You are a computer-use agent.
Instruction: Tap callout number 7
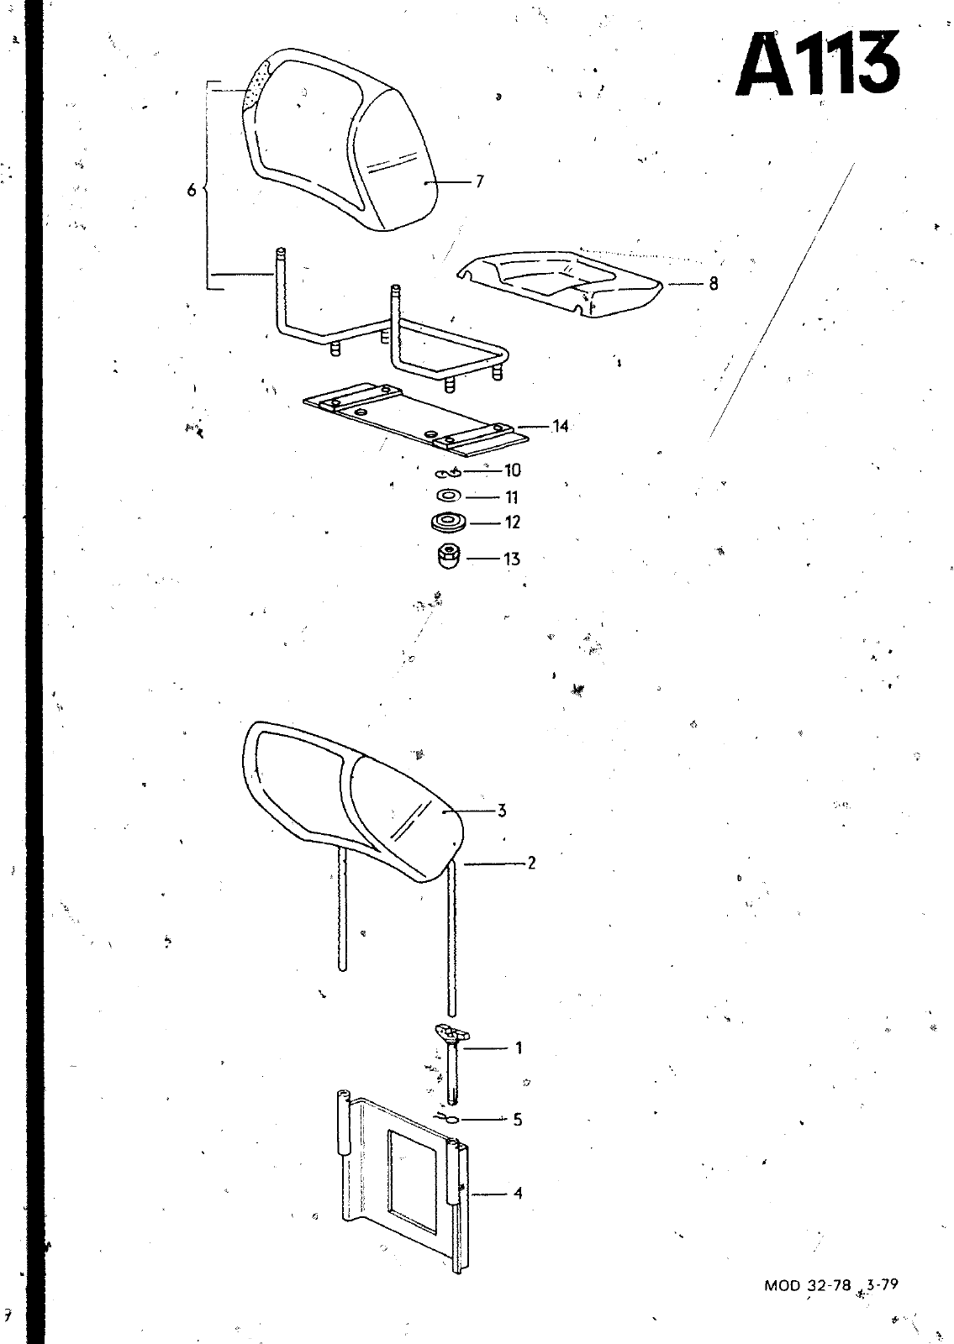479,181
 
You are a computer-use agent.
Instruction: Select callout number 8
713,284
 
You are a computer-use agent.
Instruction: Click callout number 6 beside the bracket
192,191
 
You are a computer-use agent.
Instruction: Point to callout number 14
560,427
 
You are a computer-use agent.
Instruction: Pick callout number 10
512,471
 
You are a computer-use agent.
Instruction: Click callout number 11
511,497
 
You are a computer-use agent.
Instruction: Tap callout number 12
512,522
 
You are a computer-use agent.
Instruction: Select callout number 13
512,559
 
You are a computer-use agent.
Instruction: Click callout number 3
502,811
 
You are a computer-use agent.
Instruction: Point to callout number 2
531,862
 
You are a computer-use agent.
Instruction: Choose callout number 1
519,1047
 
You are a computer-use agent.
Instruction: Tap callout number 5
518,1120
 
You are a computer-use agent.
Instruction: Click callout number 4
518,1193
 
